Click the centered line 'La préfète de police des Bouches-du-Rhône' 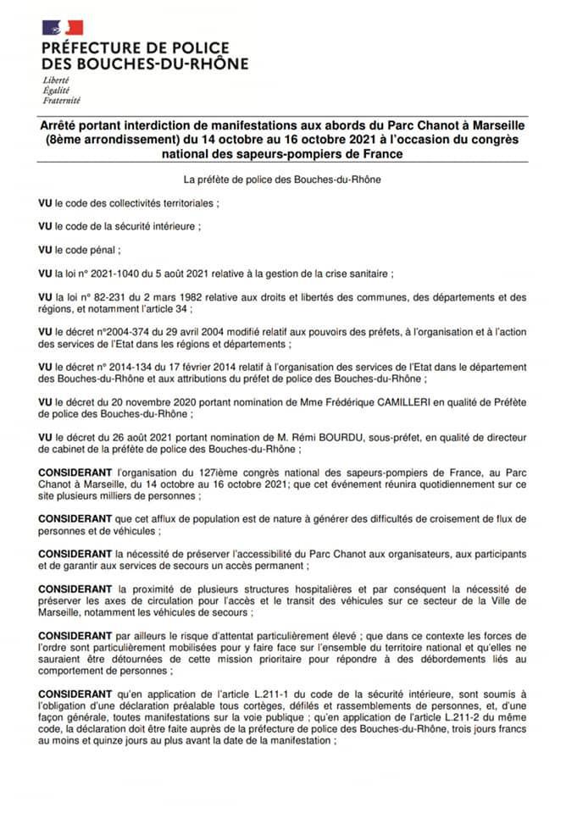tap(282, 180)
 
